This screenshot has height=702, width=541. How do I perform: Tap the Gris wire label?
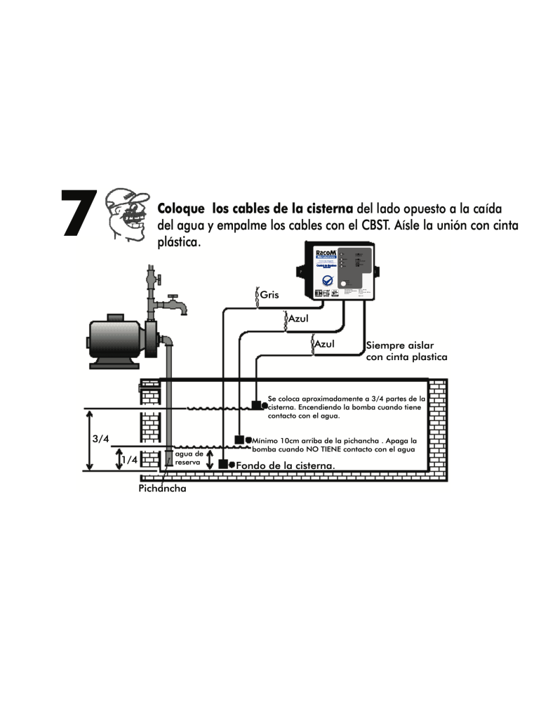pos(269,295)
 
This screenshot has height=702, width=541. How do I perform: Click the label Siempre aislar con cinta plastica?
pos(406,351)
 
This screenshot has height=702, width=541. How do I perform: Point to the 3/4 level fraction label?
pos(101,439)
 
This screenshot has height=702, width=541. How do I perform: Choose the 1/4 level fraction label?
pos(128,460)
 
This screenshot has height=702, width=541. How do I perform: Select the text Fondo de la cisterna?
pos(285,465)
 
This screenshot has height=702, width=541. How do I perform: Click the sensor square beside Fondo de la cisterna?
pos(223,464)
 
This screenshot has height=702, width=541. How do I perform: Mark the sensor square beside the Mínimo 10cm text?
pos(239,440)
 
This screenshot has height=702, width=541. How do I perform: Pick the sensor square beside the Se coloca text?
pos(256,404)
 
